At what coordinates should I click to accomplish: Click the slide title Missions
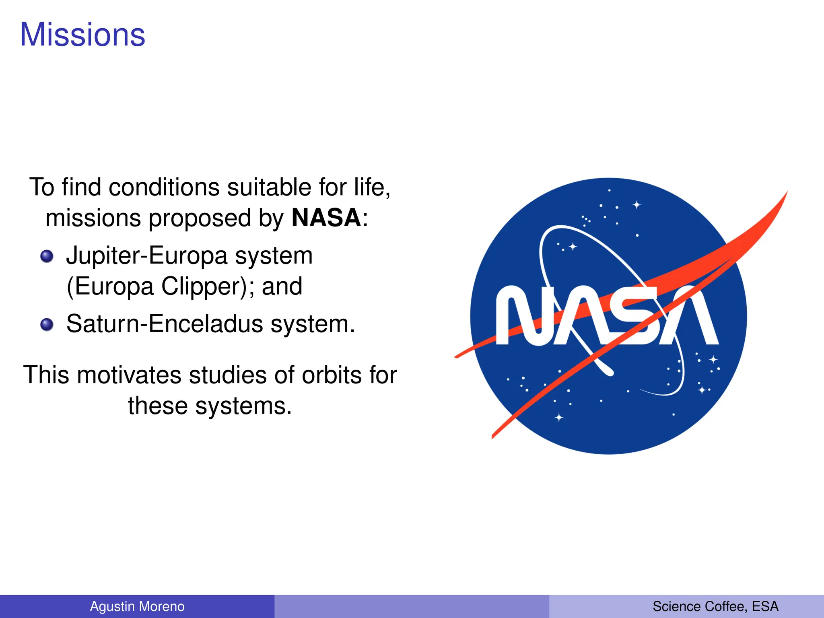click(82, 35)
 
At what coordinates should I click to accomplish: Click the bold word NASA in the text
click(326, 218)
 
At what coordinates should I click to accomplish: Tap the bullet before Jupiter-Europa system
click(47, 256)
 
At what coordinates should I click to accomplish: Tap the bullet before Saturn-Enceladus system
click(47, 324)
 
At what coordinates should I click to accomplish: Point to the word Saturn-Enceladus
click(165, 324)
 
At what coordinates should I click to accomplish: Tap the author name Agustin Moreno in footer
click(137, 606)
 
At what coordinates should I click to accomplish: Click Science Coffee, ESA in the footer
click(715, 606)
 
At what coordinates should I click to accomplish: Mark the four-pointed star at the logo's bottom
click(559, 417)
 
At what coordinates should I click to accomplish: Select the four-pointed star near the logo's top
click(637, 205)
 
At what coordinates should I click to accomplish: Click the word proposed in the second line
click(200, 218)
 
